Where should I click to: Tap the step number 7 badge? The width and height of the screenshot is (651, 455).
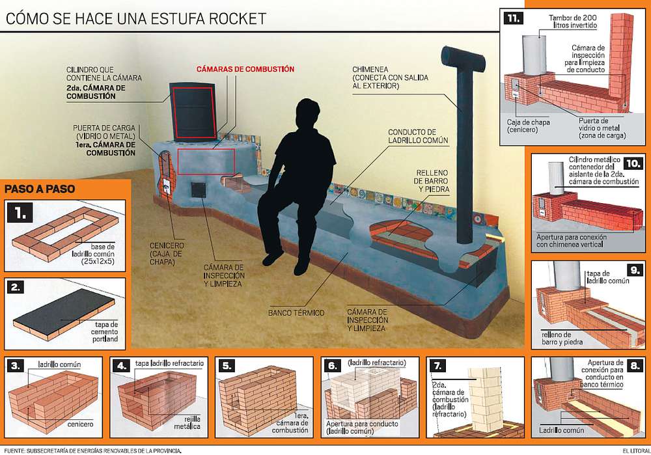pos(440,365)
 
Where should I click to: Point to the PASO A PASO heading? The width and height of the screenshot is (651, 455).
pos(38,189)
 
